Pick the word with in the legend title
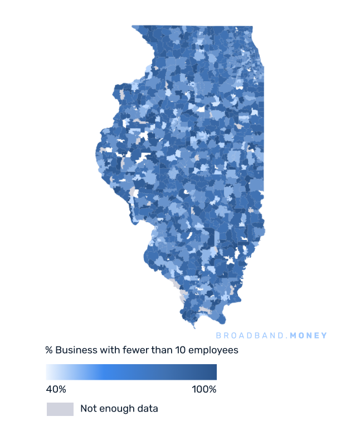107,351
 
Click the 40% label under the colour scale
56,389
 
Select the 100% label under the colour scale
204,389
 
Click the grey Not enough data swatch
60,409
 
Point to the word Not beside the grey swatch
88,409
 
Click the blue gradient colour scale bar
132,372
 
